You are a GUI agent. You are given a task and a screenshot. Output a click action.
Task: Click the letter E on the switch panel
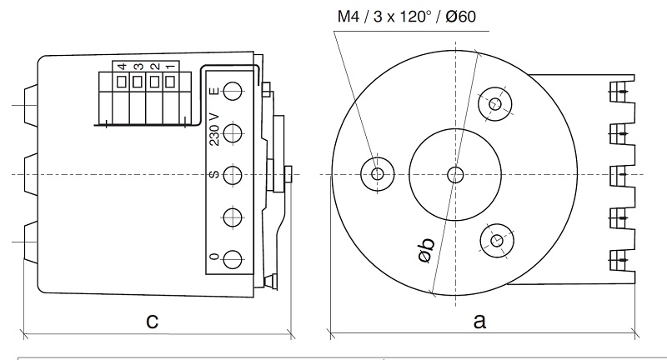click(x=214, y=91)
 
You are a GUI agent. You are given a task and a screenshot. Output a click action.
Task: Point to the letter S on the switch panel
click(x=214, y=175)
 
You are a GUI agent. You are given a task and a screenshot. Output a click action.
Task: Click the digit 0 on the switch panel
click(x=214, y=258)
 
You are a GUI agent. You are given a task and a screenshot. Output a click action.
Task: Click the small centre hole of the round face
click(x=454, y=174)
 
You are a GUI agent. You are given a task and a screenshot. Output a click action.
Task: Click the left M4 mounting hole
click(x=377, y=174)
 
